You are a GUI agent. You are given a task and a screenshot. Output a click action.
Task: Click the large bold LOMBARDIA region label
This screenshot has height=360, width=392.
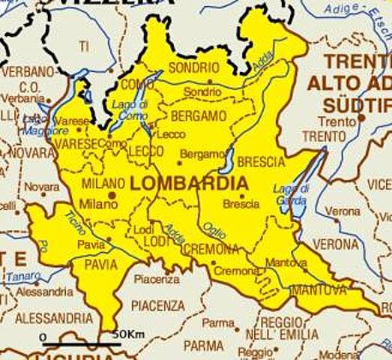coord(189,183)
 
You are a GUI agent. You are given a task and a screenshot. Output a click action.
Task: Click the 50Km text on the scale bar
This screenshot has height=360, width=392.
coord(127,334)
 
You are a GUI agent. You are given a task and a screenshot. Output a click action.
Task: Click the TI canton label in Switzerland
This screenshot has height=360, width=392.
coord(84,46)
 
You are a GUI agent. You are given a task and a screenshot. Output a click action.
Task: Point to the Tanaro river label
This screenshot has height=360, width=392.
coord(23,276)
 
